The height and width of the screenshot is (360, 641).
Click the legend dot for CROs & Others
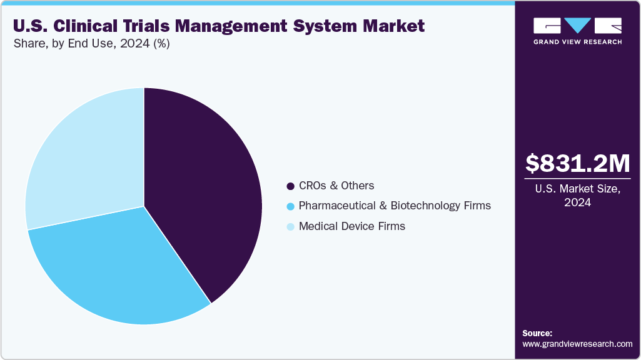coord(290,186)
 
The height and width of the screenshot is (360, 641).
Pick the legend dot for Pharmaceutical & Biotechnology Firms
coord(290,206)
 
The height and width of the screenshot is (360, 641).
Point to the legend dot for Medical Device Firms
coord(290,227)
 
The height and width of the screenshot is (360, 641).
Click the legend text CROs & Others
coord(336,186)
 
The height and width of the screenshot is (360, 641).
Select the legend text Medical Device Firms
coord(352,226)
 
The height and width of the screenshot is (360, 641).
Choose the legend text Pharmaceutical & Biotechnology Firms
coord(395,206)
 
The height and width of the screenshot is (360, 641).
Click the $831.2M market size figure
coord(577,163)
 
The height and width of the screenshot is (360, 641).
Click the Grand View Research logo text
coord(577,42)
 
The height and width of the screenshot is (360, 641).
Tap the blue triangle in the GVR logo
coord(577,26)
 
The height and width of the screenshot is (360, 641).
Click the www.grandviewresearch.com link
coord(577,344)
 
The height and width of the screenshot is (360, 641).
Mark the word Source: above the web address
coord(537,334)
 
